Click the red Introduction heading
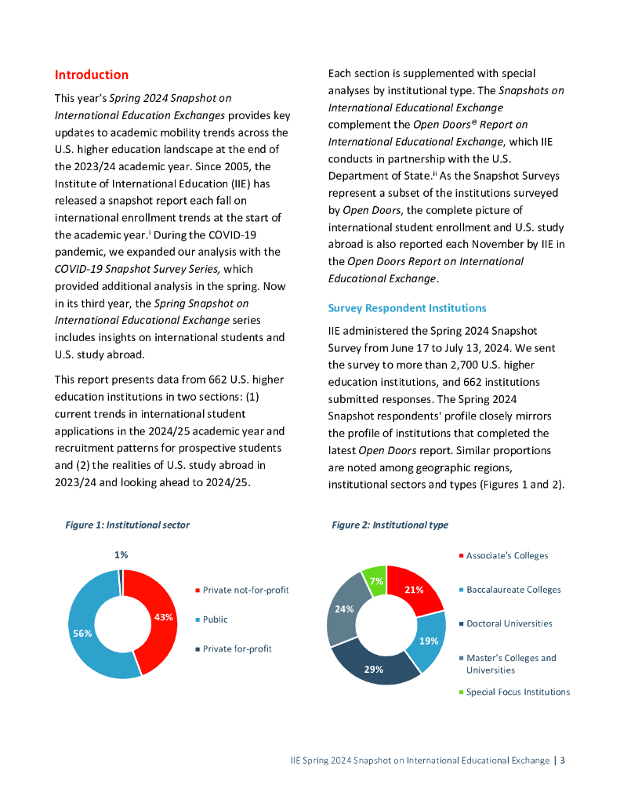91,75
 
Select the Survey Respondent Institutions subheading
407,308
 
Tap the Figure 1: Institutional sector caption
127,525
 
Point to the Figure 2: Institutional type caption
390,525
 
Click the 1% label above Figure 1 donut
121,554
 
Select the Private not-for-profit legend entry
245,590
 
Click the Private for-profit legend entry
237,649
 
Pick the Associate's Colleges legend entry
506,556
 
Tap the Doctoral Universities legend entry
509,624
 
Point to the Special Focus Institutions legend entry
517,692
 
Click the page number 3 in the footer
562,761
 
